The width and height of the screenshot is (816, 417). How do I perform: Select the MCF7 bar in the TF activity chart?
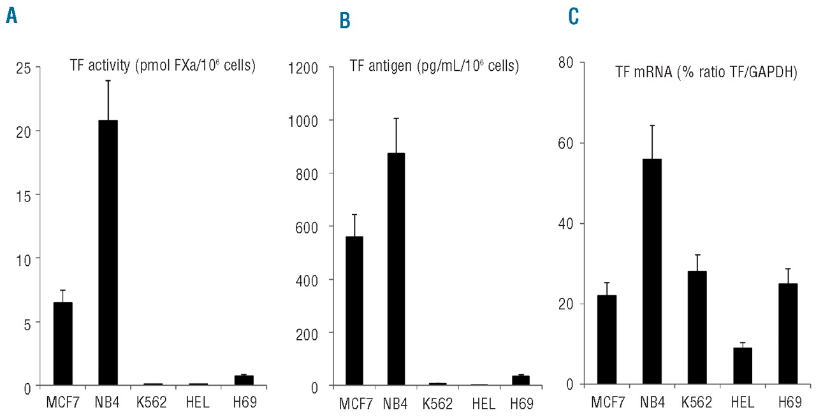point(62,344)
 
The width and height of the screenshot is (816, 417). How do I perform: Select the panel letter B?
point(345,22)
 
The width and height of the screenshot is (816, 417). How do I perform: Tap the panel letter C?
point(574,17)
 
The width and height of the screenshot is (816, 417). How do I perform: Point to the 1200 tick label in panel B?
point(303,68)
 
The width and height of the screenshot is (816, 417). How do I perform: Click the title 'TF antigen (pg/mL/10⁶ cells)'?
point(433,65)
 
